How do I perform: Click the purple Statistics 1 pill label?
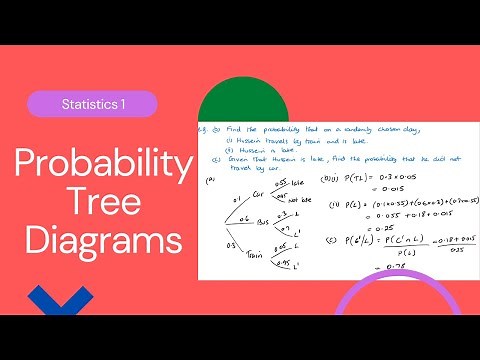click(x=92, y=104)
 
